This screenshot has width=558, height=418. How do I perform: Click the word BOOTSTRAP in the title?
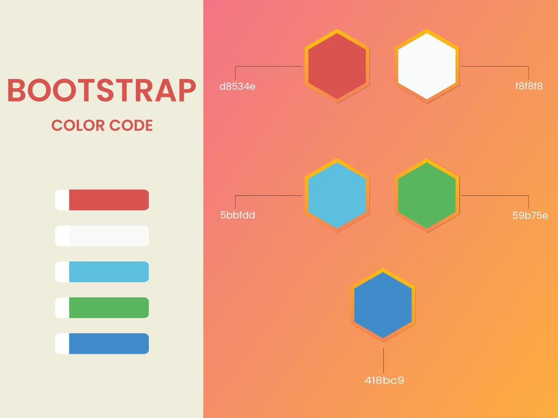click(x=102, y=90)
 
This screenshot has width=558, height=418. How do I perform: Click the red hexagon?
click(x=337, y=66)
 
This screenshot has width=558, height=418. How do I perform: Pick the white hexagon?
click(x=427, y=66)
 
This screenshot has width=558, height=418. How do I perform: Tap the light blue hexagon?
click(x=337, y=195)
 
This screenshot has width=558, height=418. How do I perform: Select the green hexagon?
click(x=427, y=195)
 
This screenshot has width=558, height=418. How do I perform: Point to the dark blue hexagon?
click(x=383, y=305)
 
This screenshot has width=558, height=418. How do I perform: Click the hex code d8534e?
click(x=237, y=87)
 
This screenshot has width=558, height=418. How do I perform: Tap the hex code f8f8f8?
click(x=529, y=86)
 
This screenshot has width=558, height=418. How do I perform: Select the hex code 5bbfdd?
click(x=237, y=215)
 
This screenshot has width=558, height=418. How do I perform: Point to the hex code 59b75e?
click(x=530, y=215)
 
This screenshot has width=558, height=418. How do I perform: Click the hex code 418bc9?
click(x=384, y=380)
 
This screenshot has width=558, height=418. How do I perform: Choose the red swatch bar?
click(x=108, y=200)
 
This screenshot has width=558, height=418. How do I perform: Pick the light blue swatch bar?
click(x=108, y=272)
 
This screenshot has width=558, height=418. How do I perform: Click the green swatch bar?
click(x=108, y=308)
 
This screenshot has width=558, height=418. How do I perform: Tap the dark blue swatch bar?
click(x=108, y=343)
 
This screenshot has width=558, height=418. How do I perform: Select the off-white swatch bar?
click(x=108, y=236)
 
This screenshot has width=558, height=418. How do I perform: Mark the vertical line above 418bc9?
click(x=383, y=360)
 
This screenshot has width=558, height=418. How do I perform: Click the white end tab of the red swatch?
click(x=62, y=200)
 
